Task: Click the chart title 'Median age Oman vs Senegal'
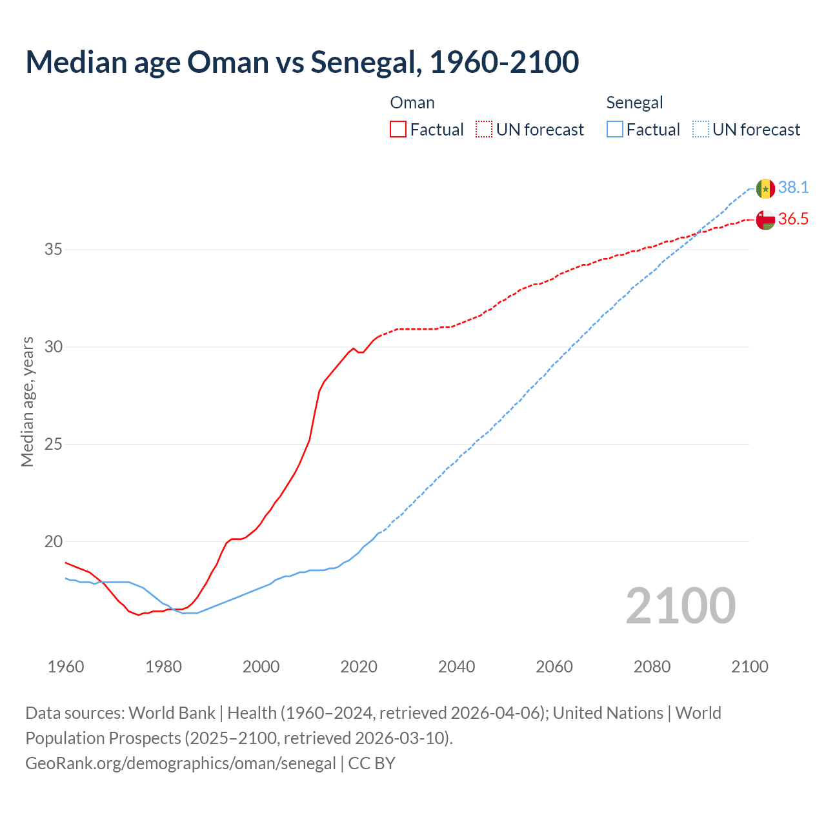pyautogui.click(x=302, y=62)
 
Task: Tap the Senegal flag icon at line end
pyautogui.click(x=765, y=188)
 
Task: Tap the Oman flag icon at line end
pyautogui.click(x=765, y=220)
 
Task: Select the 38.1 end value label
pyautogui.click(x=793, y=188)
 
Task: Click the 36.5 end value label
pyautogui.click(x=793, y=219)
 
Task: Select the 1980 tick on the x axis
pyautogui.click(x=163, y=667)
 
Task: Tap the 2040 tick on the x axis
pyautogui.click(x=456, y=667)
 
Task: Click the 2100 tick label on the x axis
pyautogui.click(x=749, y=667)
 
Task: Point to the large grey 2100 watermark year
pyautogui.click(x=680, y=605)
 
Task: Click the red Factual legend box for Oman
pyautogui.click(x=398, y=130)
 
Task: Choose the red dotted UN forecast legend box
pyautogui.click(x=484, y=130)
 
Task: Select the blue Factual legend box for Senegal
pyautogui.click(x=615, y=130)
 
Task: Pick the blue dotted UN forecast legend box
pyautogui.click(x=701, y=130)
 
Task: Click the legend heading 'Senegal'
pyautogui.click(x=634, y=103)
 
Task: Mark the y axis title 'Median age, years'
pyautogui.click(x=27, y=401)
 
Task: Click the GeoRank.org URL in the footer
pyautogui.click(x=180, y=763)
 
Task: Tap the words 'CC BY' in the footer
pyautogui.click(x=372, y=763)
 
